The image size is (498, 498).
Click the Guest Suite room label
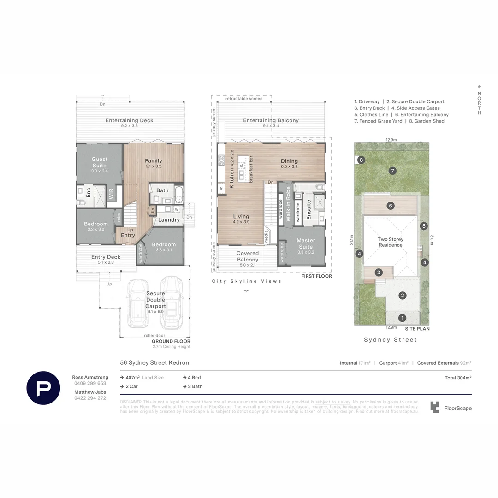99,162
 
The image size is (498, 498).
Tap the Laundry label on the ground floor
169,220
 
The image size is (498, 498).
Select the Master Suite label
305,243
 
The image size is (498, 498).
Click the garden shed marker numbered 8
362,160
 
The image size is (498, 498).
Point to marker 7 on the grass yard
392,171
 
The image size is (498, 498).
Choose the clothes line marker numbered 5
424,226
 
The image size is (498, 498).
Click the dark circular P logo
43,388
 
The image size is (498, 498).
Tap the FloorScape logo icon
435,407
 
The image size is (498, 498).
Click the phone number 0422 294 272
90,398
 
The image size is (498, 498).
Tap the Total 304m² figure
457,378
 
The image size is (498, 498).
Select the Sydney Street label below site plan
390,340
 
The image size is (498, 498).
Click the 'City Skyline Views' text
246,281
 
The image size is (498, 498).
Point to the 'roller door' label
154,336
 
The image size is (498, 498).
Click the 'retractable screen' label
244,99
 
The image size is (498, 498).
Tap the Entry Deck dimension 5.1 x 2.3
106,262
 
